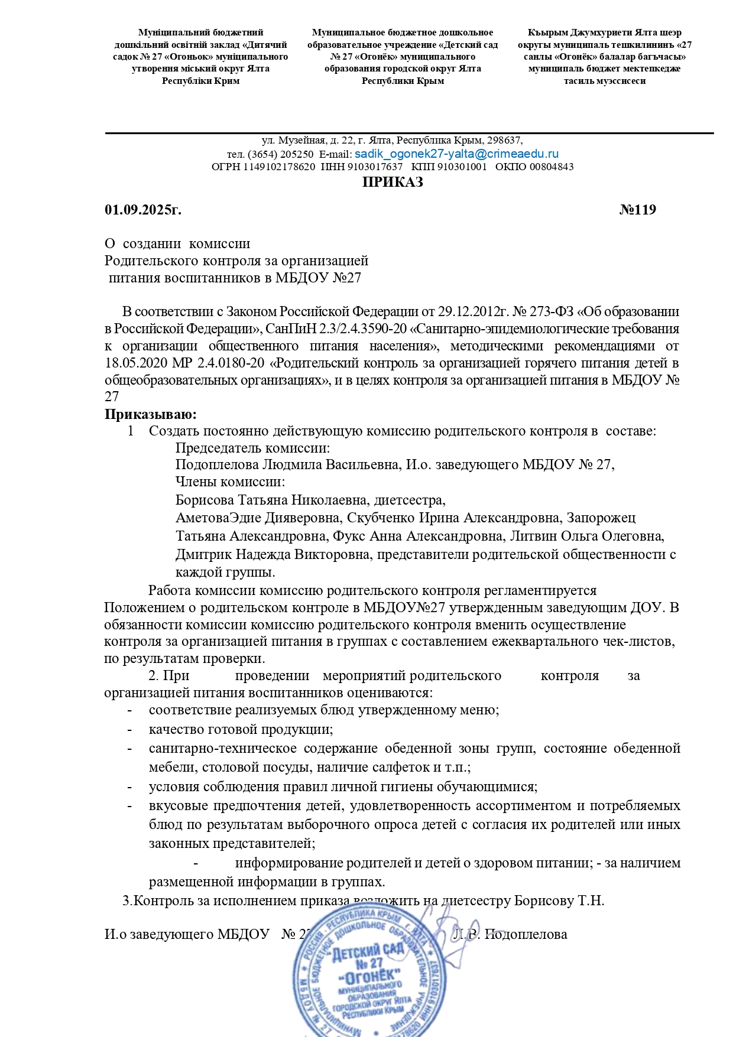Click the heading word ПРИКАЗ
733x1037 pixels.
coord(393,182)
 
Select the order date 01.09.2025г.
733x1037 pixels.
coord(143,210)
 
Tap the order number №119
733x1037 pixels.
coord(637,210)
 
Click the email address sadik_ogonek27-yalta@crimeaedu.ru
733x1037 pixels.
coord(456,154)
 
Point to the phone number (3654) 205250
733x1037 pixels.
coord(281,154)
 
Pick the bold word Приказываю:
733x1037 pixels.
coord(150,414)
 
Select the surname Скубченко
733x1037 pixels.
coord(381,518)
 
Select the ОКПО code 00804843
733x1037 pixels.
coord(552,167)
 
